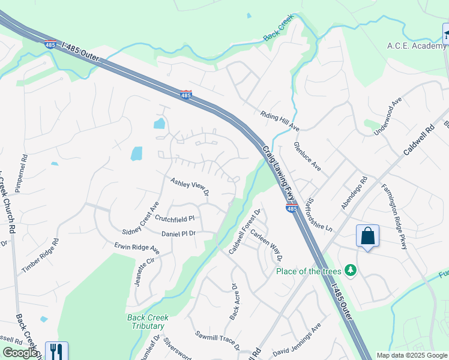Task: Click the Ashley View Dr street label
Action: (x=189, y=187)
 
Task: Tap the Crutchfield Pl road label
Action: (x=175, y=219)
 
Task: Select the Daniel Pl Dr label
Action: (x=179, y=233)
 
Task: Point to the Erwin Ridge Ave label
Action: (x=137, y=247)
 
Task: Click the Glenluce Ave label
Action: (x=307, y=156)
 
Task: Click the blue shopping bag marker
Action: (x=367, y=236)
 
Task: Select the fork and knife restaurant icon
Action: (x=56, y=350)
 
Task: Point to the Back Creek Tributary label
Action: (x=148, y=322)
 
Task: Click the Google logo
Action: (x=20, y=353)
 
